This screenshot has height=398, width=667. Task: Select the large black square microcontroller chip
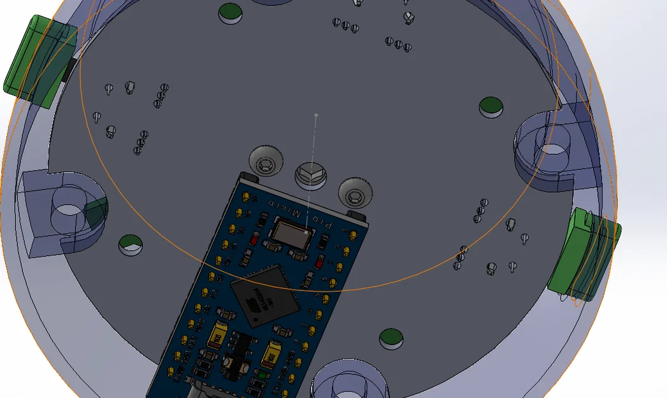point(261,294)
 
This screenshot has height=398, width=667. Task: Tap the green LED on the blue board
point(262,376)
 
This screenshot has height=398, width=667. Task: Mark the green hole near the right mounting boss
point(491,107)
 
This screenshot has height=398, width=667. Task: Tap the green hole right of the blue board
point(391,338)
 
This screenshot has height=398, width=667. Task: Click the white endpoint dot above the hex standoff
point(316,115)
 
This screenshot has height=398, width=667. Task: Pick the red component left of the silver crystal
point(255,240)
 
